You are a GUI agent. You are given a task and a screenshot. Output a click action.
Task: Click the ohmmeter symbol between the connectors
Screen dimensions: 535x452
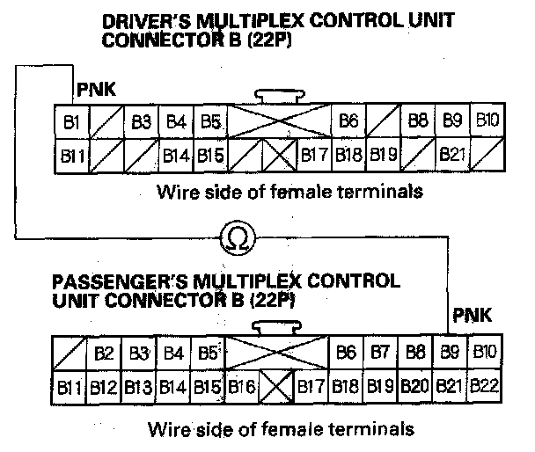point(240,237)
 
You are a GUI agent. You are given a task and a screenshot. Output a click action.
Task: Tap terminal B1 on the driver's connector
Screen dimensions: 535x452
point(73,120)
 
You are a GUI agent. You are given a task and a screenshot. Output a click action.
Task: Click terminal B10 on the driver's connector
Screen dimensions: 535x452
point(487,120)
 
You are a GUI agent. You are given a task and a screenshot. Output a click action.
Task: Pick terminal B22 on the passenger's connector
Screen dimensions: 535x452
point(486,384)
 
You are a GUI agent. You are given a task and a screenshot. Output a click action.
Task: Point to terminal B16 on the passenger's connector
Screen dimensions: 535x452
point(242,385)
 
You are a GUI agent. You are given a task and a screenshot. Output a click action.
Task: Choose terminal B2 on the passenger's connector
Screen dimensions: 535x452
point(104,354)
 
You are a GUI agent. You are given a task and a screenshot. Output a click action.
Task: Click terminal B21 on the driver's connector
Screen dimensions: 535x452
point(452,155)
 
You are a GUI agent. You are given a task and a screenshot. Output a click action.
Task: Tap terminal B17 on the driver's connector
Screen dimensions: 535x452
point(314,155)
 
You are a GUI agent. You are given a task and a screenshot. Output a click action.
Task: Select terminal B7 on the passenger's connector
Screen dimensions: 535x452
point(381,353)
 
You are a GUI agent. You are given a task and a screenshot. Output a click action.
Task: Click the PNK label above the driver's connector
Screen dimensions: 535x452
point(93,88)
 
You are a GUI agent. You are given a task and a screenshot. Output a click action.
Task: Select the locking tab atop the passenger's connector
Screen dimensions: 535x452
point(275,327)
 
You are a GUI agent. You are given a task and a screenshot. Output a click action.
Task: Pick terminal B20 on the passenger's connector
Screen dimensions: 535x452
point(415,384)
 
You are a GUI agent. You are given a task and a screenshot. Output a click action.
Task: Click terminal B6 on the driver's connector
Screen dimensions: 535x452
point(348,120)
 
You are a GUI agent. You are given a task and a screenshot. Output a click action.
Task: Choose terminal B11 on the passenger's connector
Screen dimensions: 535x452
point(70,385)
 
